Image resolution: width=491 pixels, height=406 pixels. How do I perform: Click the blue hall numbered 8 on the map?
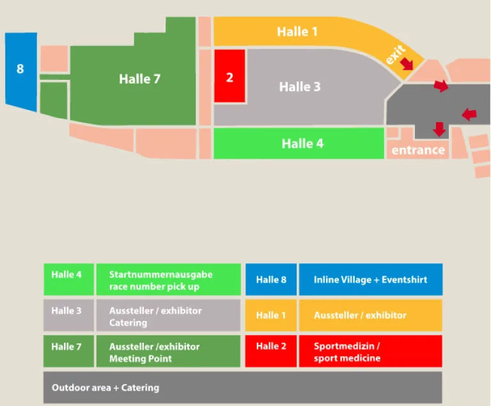[21, 72]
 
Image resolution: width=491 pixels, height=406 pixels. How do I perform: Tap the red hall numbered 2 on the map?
[230, 76]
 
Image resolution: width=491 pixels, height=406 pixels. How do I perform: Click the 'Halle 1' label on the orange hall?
[297, 31]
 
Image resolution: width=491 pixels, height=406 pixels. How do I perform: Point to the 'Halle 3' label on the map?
[300, 87]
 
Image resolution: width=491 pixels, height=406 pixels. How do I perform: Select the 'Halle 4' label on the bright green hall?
[302, 144]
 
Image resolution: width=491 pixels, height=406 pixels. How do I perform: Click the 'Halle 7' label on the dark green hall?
[139, 79]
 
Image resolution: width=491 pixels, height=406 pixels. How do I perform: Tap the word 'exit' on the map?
[395, 54]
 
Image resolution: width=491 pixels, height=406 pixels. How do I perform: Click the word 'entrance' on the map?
[418, 150]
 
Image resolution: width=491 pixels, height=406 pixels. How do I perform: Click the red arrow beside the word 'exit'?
[407, 63]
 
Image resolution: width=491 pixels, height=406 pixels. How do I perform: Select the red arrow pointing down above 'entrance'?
[439, 129]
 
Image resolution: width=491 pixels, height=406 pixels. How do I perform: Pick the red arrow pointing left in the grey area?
[469, 114]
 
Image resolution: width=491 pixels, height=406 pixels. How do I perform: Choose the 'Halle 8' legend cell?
[271, 279]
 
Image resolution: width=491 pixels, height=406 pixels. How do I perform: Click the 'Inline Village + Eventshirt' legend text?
[370, 279]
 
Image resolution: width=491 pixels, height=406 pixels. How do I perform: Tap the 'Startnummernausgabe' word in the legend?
[160, 274]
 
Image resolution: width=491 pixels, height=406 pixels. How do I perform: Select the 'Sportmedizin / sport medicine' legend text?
[347, 352]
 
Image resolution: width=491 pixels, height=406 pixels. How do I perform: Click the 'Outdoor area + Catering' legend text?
[105, 387]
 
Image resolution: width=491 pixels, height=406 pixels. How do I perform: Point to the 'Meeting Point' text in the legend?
[140, 359]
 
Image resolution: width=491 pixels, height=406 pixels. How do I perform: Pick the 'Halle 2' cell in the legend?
[271, 351]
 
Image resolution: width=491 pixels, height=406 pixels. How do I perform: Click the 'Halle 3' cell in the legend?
[68, 315]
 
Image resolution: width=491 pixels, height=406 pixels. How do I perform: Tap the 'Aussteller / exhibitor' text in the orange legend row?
[360, 315]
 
